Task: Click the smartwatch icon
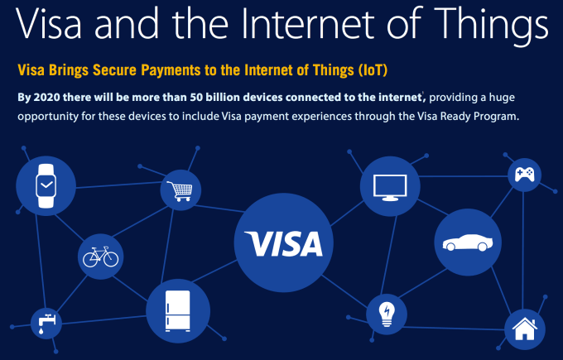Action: click(46, 185)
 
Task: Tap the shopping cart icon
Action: click(180, 191)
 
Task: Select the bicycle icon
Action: click(100, 257)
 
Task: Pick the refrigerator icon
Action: click(178, 311)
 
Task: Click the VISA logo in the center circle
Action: click(284, 243)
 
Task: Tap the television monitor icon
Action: click(390, 187)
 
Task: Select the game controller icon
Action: click(525, 175)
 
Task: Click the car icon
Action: click(468, 242)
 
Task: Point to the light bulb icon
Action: click(387, 314)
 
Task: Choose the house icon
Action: click(525, 329)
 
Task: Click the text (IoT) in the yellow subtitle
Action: click(373, 70)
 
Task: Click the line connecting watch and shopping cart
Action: click(119, 185)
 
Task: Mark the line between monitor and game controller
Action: click(463, 176)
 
